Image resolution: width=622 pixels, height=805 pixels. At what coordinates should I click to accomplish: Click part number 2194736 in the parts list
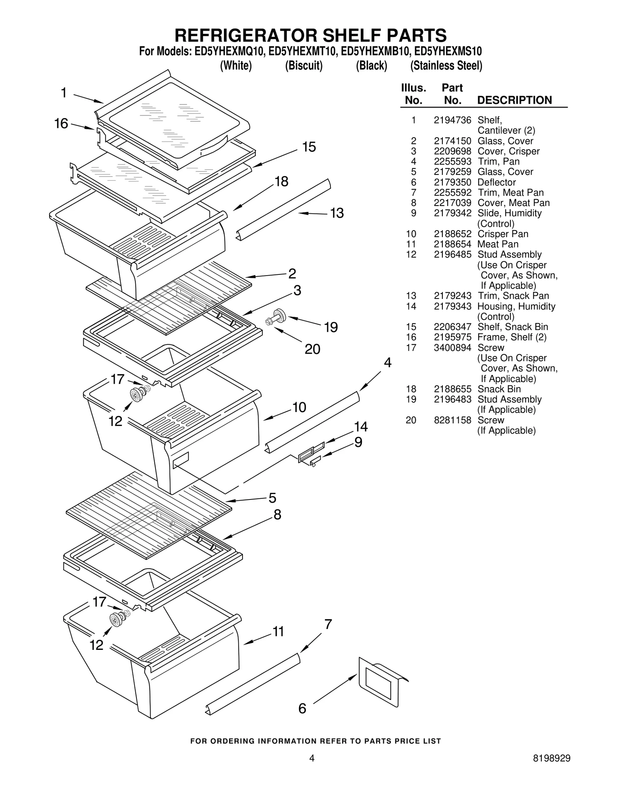pyautogui.click(x=452, y=120)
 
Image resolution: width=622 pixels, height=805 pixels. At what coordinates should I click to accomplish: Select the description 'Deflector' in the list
pyautogui.click(x=496, y=182)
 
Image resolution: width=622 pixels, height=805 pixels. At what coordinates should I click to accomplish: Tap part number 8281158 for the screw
pyautogui.click(x=452, y=420)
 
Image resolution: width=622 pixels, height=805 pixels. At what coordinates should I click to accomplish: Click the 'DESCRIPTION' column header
pyautogui.click(x=514, y=100)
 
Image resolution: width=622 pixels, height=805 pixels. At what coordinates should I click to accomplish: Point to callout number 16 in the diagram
pyautogui.click(x=61, y=124)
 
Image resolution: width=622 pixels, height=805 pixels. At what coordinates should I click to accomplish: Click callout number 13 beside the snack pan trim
pyautogui.click(x=337, y=213)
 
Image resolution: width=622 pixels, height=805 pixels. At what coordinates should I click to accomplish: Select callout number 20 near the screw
pyautogui.click(x=312, y=349)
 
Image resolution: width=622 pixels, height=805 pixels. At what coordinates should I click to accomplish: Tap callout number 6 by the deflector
pyautogui.click(x=302, y=709)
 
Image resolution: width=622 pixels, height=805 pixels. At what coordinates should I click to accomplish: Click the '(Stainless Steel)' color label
pyautogui.click(x=446, y=66)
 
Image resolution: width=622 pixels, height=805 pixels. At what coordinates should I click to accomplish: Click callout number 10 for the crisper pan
pyautogui.click(x=299, y=407)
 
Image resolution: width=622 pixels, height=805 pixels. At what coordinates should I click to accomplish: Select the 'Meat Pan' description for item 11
pyautogui.click(x=498, y=244)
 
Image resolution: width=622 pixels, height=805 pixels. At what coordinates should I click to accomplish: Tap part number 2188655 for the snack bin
pyautogui.click(x=452, y=389)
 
